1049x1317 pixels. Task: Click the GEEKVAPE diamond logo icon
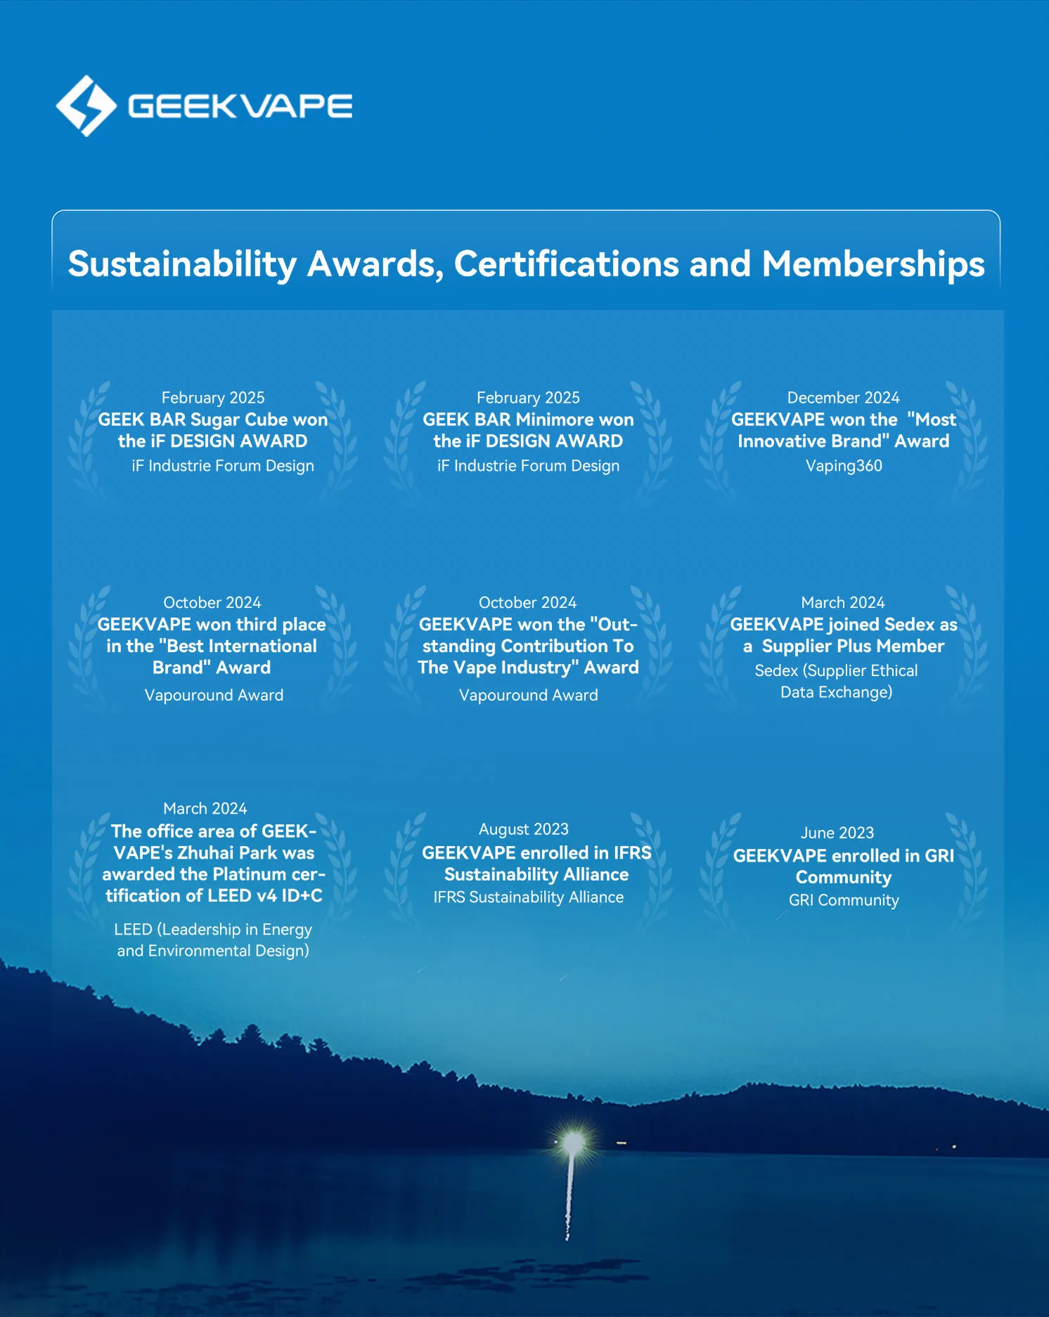pyautogui.click(x=86, y=106)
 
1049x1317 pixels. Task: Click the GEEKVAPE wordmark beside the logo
pyautogui.click(x=240, y=106)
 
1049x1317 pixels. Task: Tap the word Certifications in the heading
pyautogui.click(x=566, y=264)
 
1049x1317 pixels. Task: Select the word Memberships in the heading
pyautogui.click(x=873, y=264)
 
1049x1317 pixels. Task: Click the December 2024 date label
pyautogui.click(x=843, y=398)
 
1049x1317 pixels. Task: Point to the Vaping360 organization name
pyautogui.click(x=843, y=466)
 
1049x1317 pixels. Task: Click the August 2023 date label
pyautogui.click(x=523, y=829)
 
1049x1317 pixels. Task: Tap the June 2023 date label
pyautogui.click(x=837, y=833)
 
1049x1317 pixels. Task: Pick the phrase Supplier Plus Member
pyautogui.click(x=853, y=646)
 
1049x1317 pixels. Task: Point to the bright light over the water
pyautogui.click(x=574, y=1141)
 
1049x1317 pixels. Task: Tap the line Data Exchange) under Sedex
pyautogui.click(x=836, y=692)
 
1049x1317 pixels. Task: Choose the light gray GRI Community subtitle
pyautogui.click(x=843, y=900)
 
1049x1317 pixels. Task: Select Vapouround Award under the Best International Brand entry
pyautogui.click(x=214, y=695)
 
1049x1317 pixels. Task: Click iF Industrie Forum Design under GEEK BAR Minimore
pyautogui.click(x=528, y=466)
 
